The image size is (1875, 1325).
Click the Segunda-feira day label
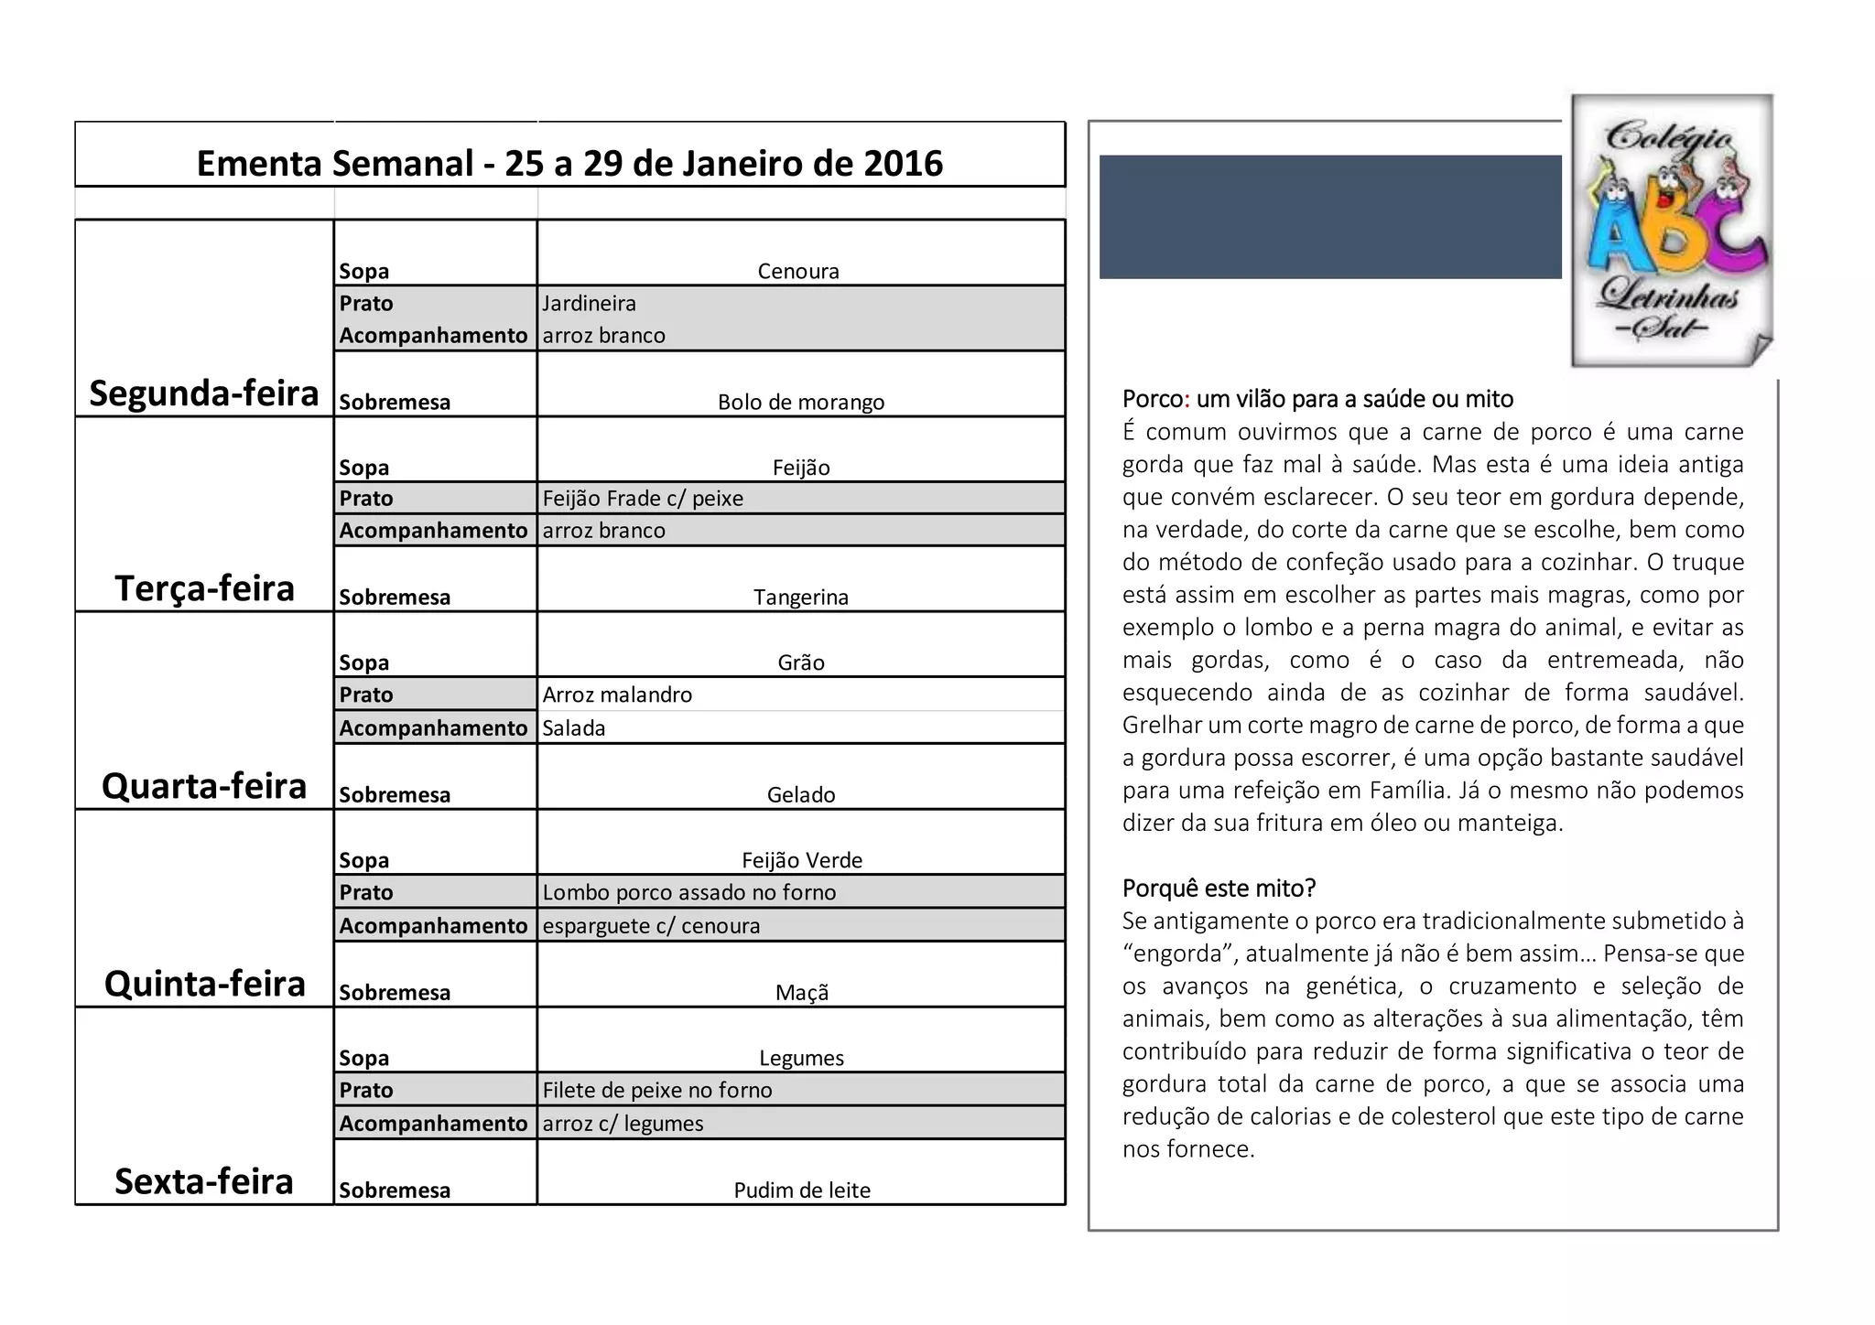coord(204,393)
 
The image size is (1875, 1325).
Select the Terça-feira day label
coord(204,588)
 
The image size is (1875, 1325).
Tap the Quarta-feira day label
coord(204,786)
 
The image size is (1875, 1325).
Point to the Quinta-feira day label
coord(204,984)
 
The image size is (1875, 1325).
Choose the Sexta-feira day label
coord(204,1181)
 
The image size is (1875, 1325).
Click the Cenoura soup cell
coord(798,271)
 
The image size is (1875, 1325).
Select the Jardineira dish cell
coord(589,303)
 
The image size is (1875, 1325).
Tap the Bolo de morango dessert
coord(801,402)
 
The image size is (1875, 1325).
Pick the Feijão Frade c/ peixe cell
coord(643,499)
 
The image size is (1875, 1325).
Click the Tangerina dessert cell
coord(801,598)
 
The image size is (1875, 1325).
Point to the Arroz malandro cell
coord(617,695)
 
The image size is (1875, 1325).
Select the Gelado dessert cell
coord(801,794)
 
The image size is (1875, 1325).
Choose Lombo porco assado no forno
coord(689,892)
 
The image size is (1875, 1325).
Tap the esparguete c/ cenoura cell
coord(651,925)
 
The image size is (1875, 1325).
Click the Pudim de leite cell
coord(802,1190)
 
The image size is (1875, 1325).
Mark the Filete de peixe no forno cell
coord(657,1090)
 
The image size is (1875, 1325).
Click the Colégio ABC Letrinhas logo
coord(1673,231)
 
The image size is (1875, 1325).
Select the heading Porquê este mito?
coord(1219,888)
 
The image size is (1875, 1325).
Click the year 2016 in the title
coord(903,163)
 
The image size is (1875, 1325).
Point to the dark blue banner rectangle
coord(1330,217)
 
